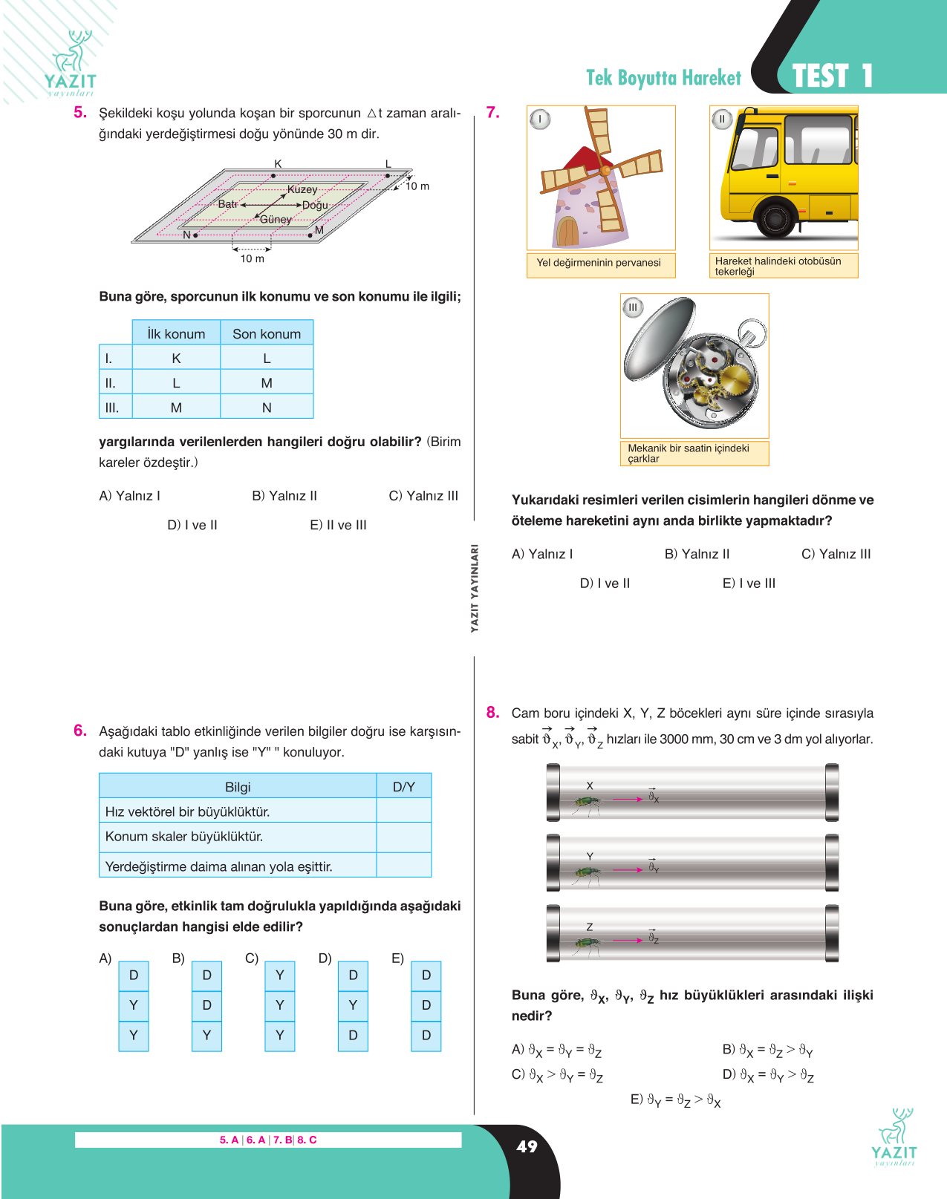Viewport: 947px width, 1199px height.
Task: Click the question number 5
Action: pos(80,113)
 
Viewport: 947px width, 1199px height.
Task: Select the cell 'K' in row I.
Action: pos(176,358)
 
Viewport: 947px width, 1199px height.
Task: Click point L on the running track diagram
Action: pos(388,175)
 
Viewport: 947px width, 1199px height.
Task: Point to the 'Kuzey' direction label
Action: pos(302,189)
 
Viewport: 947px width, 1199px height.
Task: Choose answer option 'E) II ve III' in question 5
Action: pos(339,525)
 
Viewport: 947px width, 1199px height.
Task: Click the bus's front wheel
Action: pos(775,218)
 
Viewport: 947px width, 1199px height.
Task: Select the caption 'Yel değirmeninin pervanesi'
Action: pos(599,262)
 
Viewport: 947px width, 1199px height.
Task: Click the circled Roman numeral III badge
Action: pos(633,307)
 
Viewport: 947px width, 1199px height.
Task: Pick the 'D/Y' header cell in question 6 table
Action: pos(403,786)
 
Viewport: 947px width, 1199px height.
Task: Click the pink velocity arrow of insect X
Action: pos(628,800)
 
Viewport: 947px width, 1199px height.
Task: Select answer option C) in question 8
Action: pos(557,1075)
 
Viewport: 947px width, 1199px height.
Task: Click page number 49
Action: pos(527,1146)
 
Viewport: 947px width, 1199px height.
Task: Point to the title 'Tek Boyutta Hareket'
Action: pos(663,78)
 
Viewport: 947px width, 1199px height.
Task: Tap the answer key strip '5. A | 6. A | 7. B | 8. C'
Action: pos(268,1140)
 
